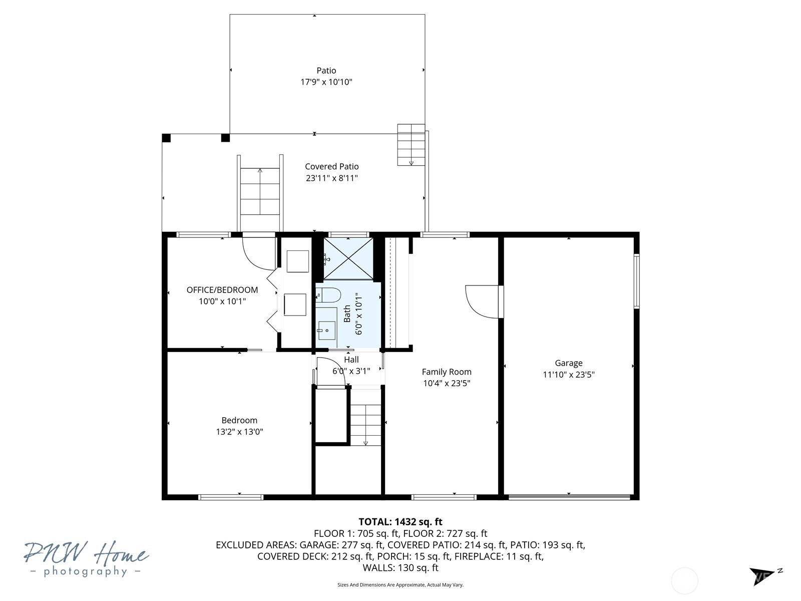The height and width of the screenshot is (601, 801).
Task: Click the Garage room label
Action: (569, 363)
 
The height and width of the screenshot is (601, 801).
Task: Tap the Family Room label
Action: (447, 372)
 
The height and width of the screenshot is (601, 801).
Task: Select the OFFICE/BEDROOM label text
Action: (222, 290)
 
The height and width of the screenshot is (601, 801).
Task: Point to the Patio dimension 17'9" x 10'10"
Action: (326, 82)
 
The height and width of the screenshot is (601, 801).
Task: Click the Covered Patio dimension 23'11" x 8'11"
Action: (332, 178)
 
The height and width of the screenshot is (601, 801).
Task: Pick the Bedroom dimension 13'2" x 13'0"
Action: (239, 432)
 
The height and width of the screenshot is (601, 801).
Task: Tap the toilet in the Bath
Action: (328, 295)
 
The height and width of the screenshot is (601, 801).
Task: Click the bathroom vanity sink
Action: (326, 330)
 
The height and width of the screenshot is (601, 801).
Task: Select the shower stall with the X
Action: (348, 259)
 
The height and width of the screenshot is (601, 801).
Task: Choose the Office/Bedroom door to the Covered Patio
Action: (258, 252)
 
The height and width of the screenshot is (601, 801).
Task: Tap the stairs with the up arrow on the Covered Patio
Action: (260, 191)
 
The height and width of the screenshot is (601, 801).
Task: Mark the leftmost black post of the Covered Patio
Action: (166, 138)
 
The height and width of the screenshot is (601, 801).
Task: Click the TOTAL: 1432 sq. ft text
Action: (400, 522)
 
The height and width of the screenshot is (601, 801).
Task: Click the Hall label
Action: (351, 360)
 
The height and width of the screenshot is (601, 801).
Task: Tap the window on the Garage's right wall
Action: (636, 281)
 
